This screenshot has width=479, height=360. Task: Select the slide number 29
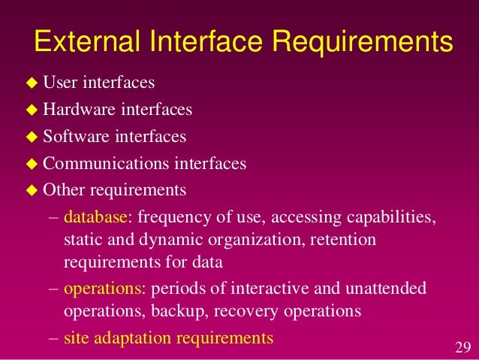[x=462, y=347]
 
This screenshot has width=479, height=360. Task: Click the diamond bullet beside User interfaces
[x=32, y=83]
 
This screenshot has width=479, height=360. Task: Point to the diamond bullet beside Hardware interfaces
[x=32, y=110]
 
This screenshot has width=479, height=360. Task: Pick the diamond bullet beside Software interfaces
[x=32, y=138]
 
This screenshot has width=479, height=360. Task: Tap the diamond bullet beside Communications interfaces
[x=32, y=164]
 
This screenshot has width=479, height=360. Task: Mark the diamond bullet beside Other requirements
[x=32, y=191]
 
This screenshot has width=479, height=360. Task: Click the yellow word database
[x=95, y=217]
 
